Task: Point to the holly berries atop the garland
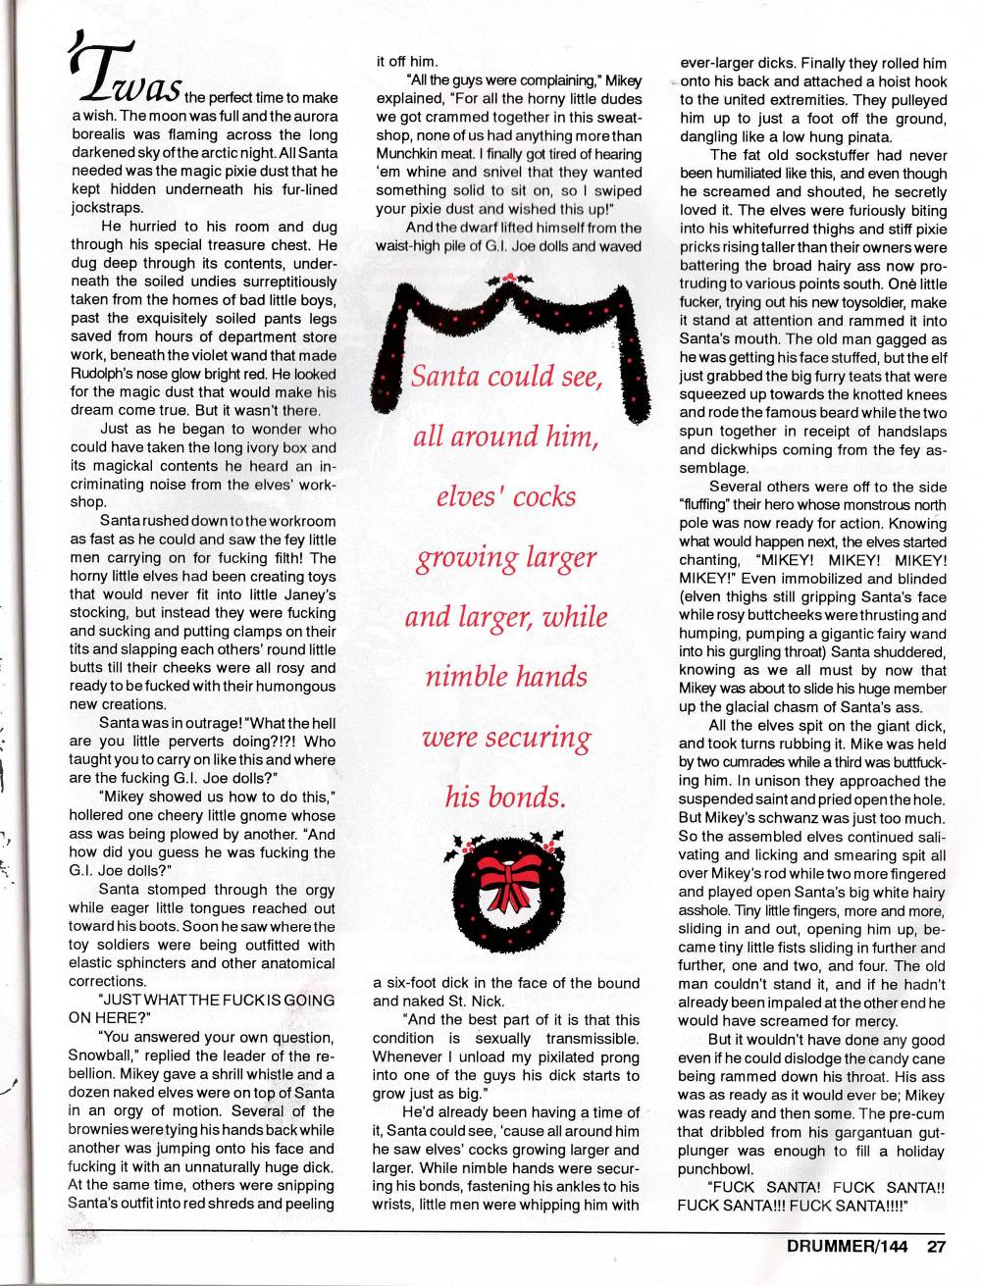(x=508, y=281)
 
